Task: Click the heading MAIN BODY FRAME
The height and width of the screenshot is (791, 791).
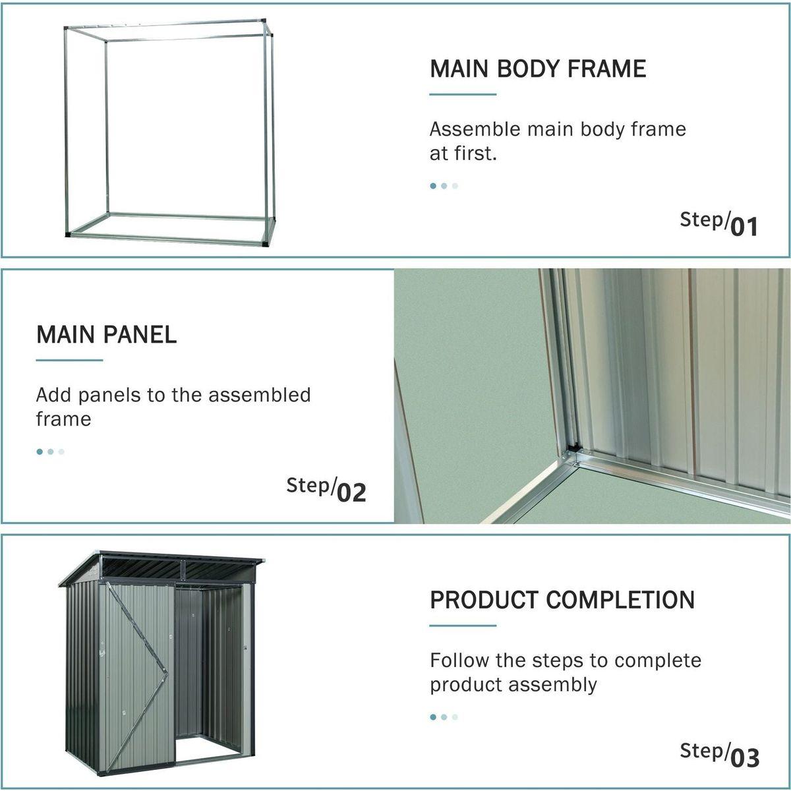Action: tap(538, 69)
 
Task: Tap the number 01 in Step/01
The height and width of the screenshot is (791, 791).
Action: tap(744, 226)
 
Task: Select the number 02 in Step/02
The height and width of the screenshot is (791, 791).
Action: tap(351, 492)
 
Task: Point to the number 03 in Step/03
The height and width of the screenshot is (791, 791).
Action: tap(745, 757)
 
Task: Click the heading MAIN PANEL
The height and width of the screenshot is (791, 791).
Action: tap(106, 334)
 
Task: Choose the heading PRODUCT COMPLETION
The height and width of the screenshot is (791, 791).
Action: tap(562, 600)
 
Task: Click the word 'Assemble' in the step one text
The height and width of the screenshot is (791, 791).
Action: tap(474, 129)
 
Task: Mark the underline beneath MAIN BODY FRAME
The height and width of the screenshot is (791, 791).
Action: tap(462, 94)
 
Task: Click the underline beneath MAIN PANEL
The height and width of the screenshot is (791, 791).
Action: tap(69, 360)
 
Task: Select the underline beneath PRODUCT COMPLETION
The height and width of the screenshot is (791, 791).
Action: tap(462, 626)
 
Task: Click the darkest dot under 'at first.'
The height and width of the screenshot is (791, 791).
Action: tap(433, 186)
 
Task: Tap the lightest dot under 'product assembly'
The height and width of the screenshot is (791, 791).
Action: tap(455, 717)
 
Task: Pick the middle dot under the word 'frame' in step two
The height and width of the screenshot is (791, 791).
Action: tap(50, 452)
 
